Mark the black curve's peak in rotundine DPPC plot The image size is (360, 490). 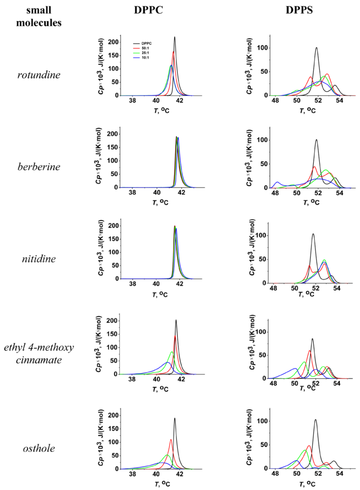(175, 37)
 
